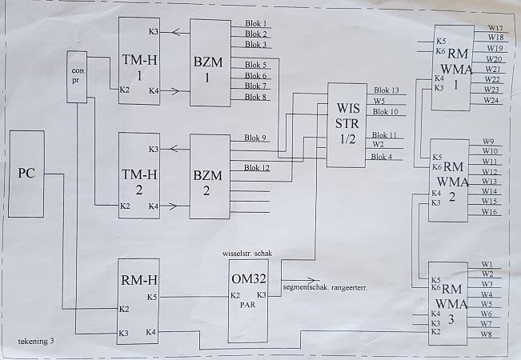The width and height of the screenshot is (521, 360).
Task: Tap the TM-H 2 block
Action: click(139, 176)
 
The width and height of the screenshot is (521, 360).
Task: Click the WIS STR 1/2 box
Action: click(348, 125)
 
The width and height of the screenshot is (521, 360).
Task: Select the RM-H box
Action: click(139, 301)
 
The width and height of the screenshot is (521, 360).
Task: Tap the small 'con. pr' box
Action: click(77, 77)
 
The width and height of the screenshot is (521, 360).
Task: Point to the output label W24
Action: click(491, 100)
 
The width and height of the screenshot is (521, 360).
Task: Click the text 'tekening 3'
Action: click(37, 342)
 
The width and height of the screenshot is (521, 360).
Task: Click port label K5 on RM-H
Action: click(153, 297)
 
